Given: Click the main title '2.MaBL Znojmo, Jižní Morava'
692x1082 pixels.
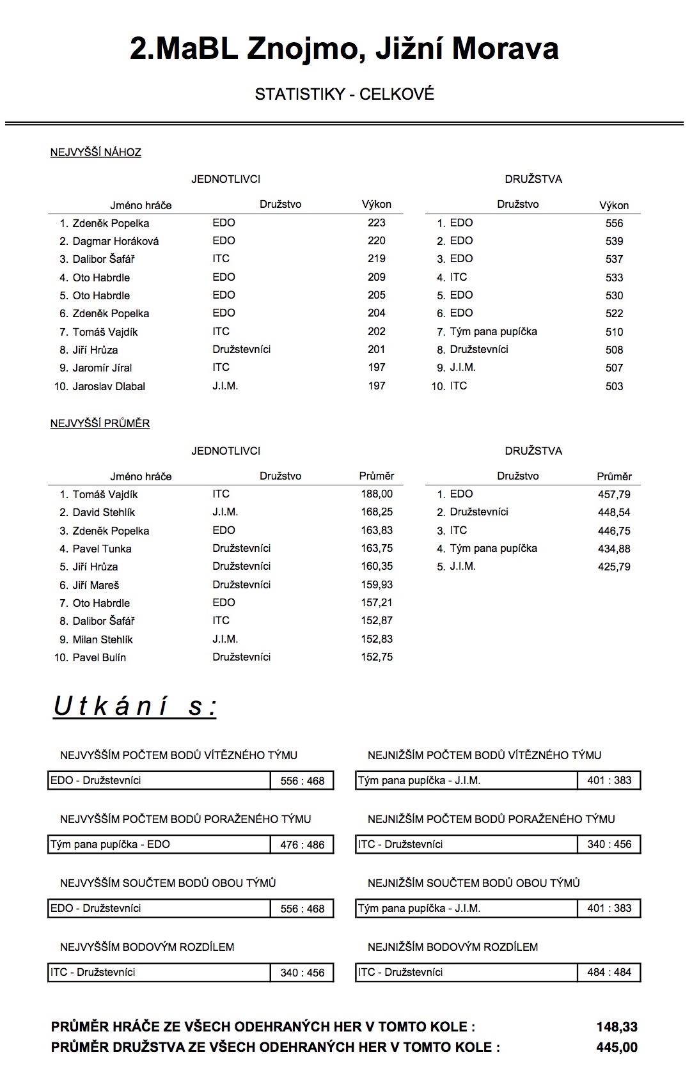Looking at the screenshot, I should [x=344, y=49].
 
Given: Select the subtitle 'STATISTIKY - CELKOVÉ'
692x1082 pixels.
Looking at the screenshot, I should [x=344, y=94].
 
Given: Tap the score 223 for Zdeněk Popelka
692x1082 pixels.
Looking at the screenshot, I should [x=377, y=223].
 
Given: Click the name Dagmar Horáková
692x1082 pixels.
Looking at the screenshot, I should [x=115, y=241].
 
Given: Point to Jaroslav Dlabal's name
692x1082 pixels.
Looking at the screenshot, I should [x=109, y=386].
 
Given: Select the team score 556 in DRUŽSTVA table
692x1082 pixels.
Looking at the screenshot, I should [x=614, y=223].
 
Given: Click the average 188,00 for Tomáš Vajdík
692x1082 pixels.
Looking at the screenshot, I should [x=377, y=494].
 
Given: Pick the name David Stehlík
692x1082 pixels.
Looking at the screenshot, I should [x=104, y=512].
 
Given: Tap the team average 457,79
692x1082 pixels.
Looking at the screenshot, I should [x=614, y=494].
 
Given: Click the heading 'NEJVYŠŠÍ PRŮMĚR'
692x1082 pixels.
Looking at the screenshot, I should [x=100, y=423].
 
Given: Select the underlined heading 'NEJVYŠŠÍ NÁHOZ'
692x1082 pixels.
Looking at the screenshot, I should [x=96, y=152].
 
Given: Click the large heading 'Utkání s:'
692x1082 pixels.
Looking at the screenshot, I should [x=135, y=707].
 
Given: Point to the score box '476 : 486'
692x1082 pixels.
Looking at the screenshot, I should [x=302, y=845].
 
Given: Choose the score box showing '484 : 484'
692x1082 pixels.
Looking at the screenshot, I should [x=609, y=972].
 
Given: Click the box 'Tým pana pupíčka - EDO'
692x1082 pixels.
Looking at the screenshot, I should [x=160, y=844].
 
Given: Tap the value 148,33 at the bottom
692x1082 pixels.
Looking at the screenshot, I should [x=617, y=1027].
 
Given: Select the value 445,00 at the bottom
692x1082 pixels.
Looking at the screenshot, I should [x=617, y=1047].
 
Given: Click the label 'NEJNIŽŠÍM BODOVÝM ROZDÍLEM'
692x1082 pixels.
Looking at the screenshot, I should [x=453, y=947].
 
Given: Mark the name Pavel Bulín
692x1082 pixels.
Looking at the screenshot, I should [x=99, y=657].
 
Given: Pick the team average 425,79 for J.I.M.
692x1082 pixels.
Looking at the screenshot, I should [x=614, y=567].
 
